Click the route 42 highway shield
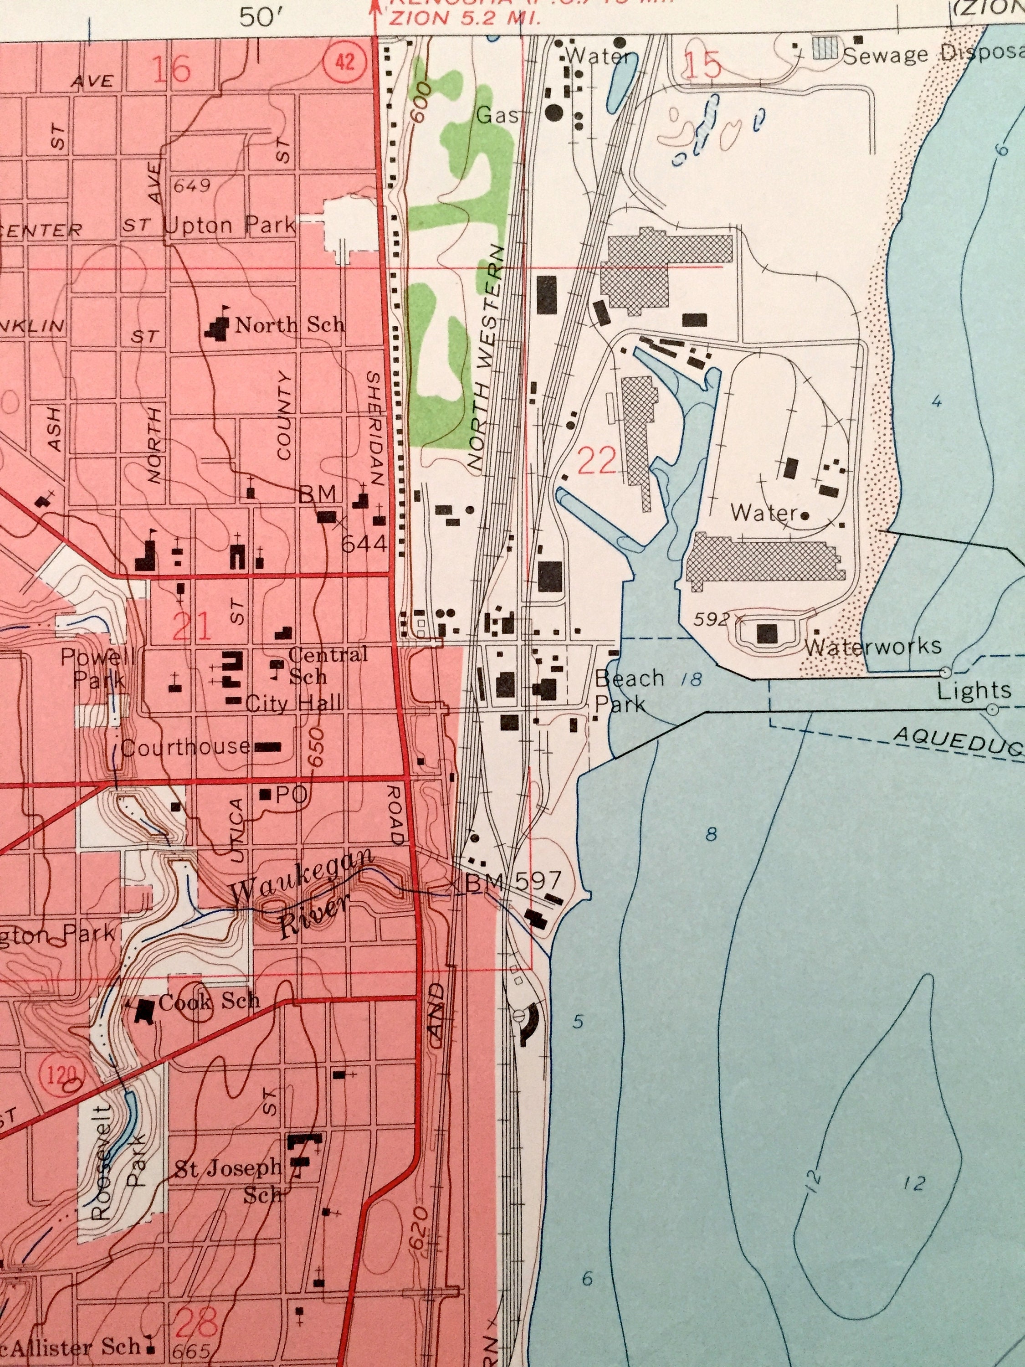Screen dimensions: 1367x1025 tap(345, 62)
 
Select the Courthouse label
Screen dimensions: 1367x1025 tap(185, 747)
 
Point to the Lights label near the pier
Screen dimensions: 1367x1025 tap(974, 690)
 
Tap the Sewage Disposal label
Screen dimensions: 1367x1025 tap(933, 55)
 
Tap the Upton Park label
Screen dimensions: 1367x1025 tap(230, 226)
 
